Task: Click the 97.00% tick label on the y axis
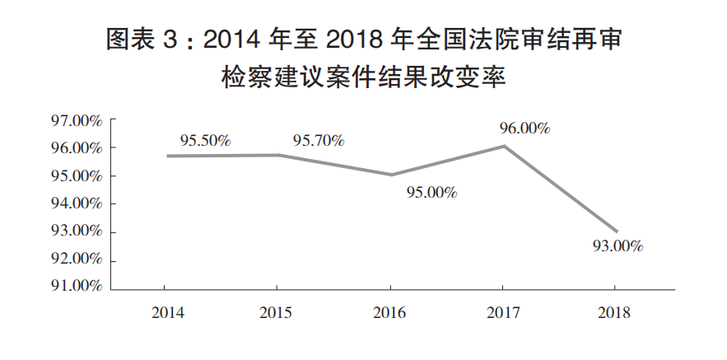point(76,120)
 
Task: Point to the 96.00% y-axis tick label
point(76,148)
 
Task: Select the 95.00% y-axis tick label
point(76,176)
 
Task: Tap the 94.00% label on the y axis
point(76,203)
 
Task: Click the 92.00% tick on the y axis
point(76,259)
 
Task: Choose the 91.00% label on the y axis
point(76,286)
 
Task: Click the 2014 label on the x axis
point(168,313)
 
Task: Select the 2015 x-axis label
point(276,313)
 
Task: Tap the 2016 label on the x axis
point(389,313)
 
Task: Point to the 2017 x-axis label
point(503,313)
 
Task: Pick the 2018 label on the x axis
point(614,313)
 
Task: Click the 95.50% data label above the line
point(205,141)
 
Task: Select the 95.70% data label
point(319,141)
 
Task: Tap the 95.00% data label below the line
point(432,193)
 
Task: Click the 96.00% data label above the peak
point(524,129)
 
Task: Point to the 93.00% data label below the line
point(618,246)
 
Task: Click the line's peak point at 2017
point(504,146)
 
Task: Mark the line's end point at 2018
point(617,231)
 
